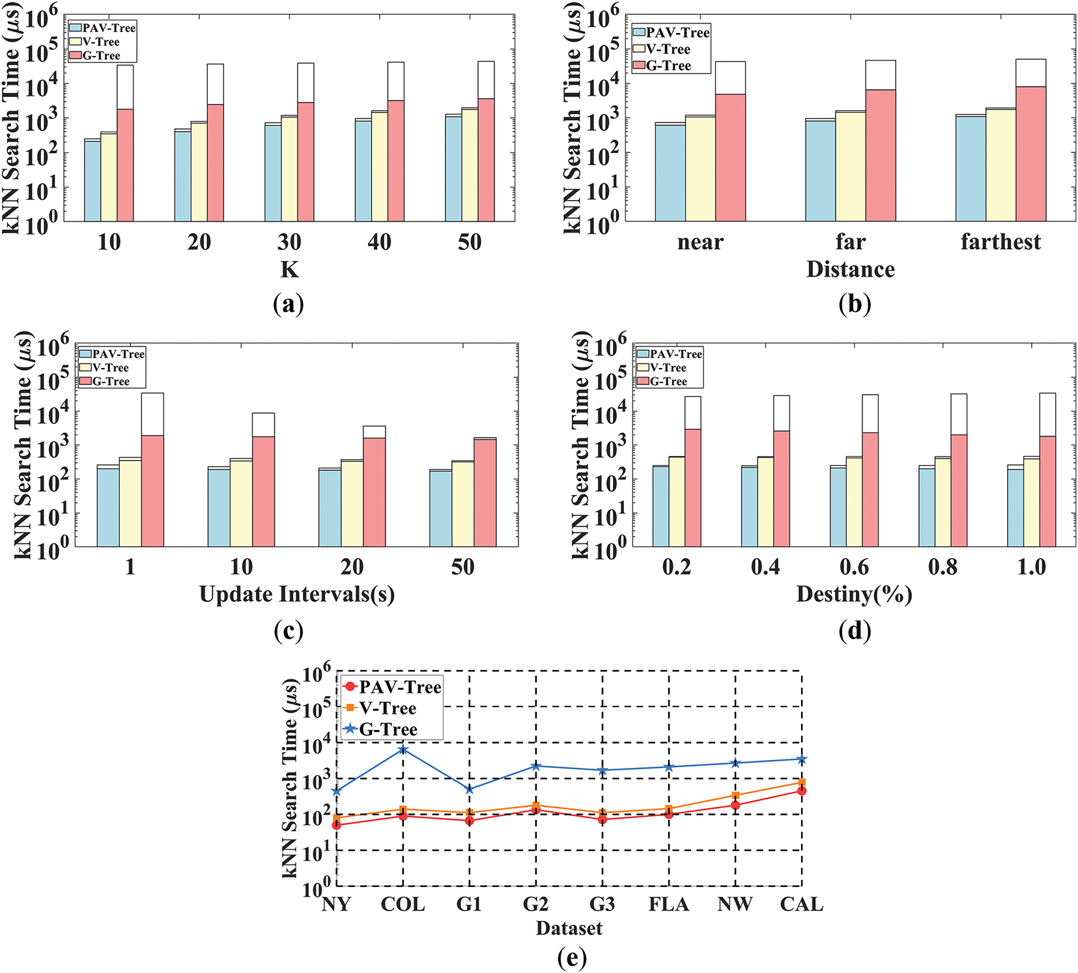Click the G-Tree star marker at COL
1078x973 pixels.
pos(403,750)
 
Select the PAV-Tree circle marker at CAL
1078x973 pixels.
pos(802,791)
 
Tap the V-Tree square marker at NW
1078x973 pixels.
pos(735,796)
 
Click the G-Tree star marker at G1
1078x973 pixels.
pos(470,789)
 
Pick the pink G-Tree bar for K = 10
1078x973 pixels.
pos(126,165)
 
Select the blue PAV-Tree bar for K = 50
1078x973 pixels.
pos(453,169)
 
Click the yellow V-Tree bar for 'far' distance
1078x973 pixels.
pos(851,167)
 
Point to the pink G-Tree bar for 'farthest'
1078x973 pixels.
pos(1031,154)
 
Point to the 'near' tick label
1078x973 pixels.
pos(700,242)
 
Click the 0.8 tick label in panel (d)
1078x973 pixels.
pos(943,567)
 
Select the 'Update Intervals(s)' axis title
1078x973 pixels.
pos(297,595)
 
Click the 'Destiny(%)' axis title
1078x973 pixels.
pos(854,595)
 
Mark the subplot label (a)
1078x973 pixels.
pos(289,304)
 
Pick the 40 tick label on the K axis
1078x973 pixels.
pos(379,242)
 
